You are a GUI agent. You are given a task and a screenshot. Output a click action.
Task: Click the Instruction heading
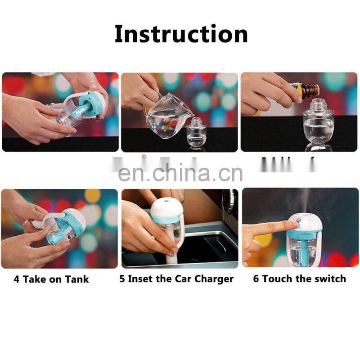181,34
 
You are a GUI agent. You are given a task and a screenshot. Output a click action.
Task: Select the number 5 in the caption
122,279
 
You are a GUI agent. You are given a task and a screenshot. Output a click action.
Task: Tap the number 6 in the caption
256,279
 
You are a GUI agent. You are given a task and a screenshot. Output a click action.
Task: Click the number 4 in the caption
17,279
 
